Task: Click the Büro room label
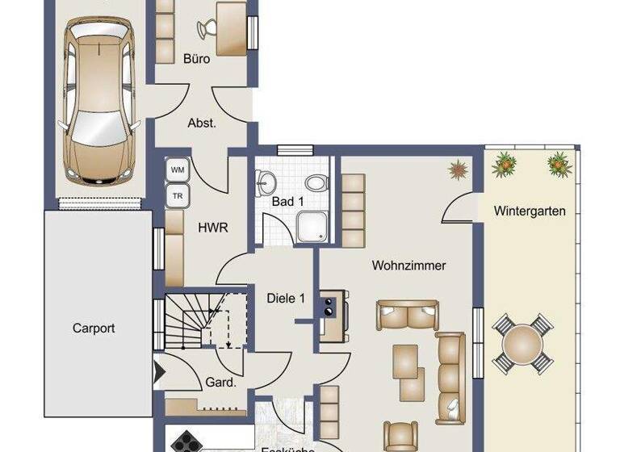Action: pyautogui.click(x=196, y=59)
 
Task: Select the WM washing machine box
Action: pyautogui.click(x=178, y=170)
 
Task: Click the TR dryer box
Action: pyautogui.click(x=177, y=195)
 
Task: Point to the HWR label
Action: pyautogui.click(x=212, y=228)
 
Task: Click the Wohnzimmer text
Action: pyautogui.click(x=408, y=265)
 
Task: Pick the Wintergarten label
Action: pyautogui.click(x=530, y=211)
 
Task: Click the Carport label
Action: pyautogui.click(x=94, y=329)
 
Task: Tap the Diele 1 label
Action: pyautogui.click(x=286, y=298)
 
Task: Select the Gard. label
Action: pyautogui.click(x=220, y=383)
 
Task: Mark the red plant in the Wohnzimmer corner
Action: pyautogui.click(x=459, y=169)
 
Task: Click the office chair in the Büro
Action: pyautogui.click(x=207, y=29)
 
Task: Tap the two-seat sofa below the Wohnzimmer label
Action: pyautogui.click(x=408, y=315)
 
